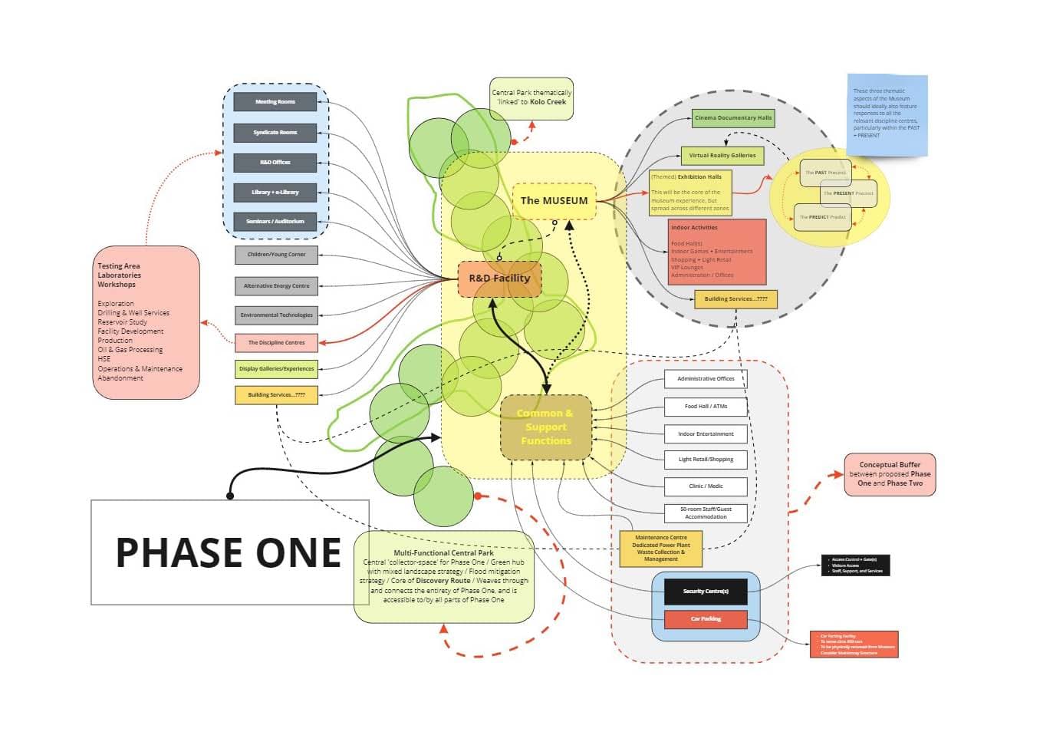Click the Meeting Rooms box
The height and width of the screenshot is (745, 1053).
[x=275, y=102]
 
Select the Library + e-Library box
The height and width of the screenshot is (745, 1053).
[x=275, y=193]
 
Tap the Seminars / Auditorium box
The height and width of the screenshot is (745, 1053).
[x=275, y=222]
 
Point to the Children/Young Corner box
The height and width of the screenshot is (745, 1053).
[x=276, y=255]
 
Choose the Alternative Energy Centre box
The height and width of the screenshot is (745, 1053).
[x=276, y=286]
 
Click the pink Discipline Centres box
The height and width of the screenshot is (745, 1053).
[x=276, y=343]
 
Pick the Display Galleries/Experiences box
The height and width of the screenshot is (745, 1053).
[x=276, y=369]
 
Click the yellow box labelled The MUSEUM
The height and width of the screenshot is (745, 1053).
[x=554, y=201]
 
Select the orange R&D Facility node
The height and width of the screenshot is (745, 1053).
[x=499, y=279]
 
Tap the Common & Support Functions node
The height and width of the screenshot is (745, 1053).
[x=546, y=427]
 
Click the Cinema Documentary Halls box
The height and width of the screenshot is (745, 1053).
[x=733, y=118]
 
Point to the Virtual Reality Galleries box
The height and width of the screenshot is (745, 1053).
[x=722, y=156]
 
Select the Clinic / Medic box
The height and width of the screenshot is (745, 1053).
[x=706, y=486]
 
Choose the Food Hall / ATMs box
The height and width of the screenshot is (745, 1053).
[x=706, y=407]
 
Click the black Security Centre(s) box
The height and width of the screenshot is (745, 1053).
[x=706, y=592]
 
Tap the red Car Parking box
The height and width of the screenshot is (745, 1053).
[x=706, y=619]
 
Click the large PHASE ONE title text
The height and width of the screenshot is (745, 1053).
[x=229, y=553]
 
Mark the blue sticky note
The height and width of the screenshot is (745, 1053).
[x=887, y=115]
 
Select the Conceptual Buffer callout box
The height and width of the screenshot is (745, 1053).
[x=890, y=474]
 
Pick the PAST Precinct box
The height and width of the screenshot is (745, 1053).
[x=825, y=173]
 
